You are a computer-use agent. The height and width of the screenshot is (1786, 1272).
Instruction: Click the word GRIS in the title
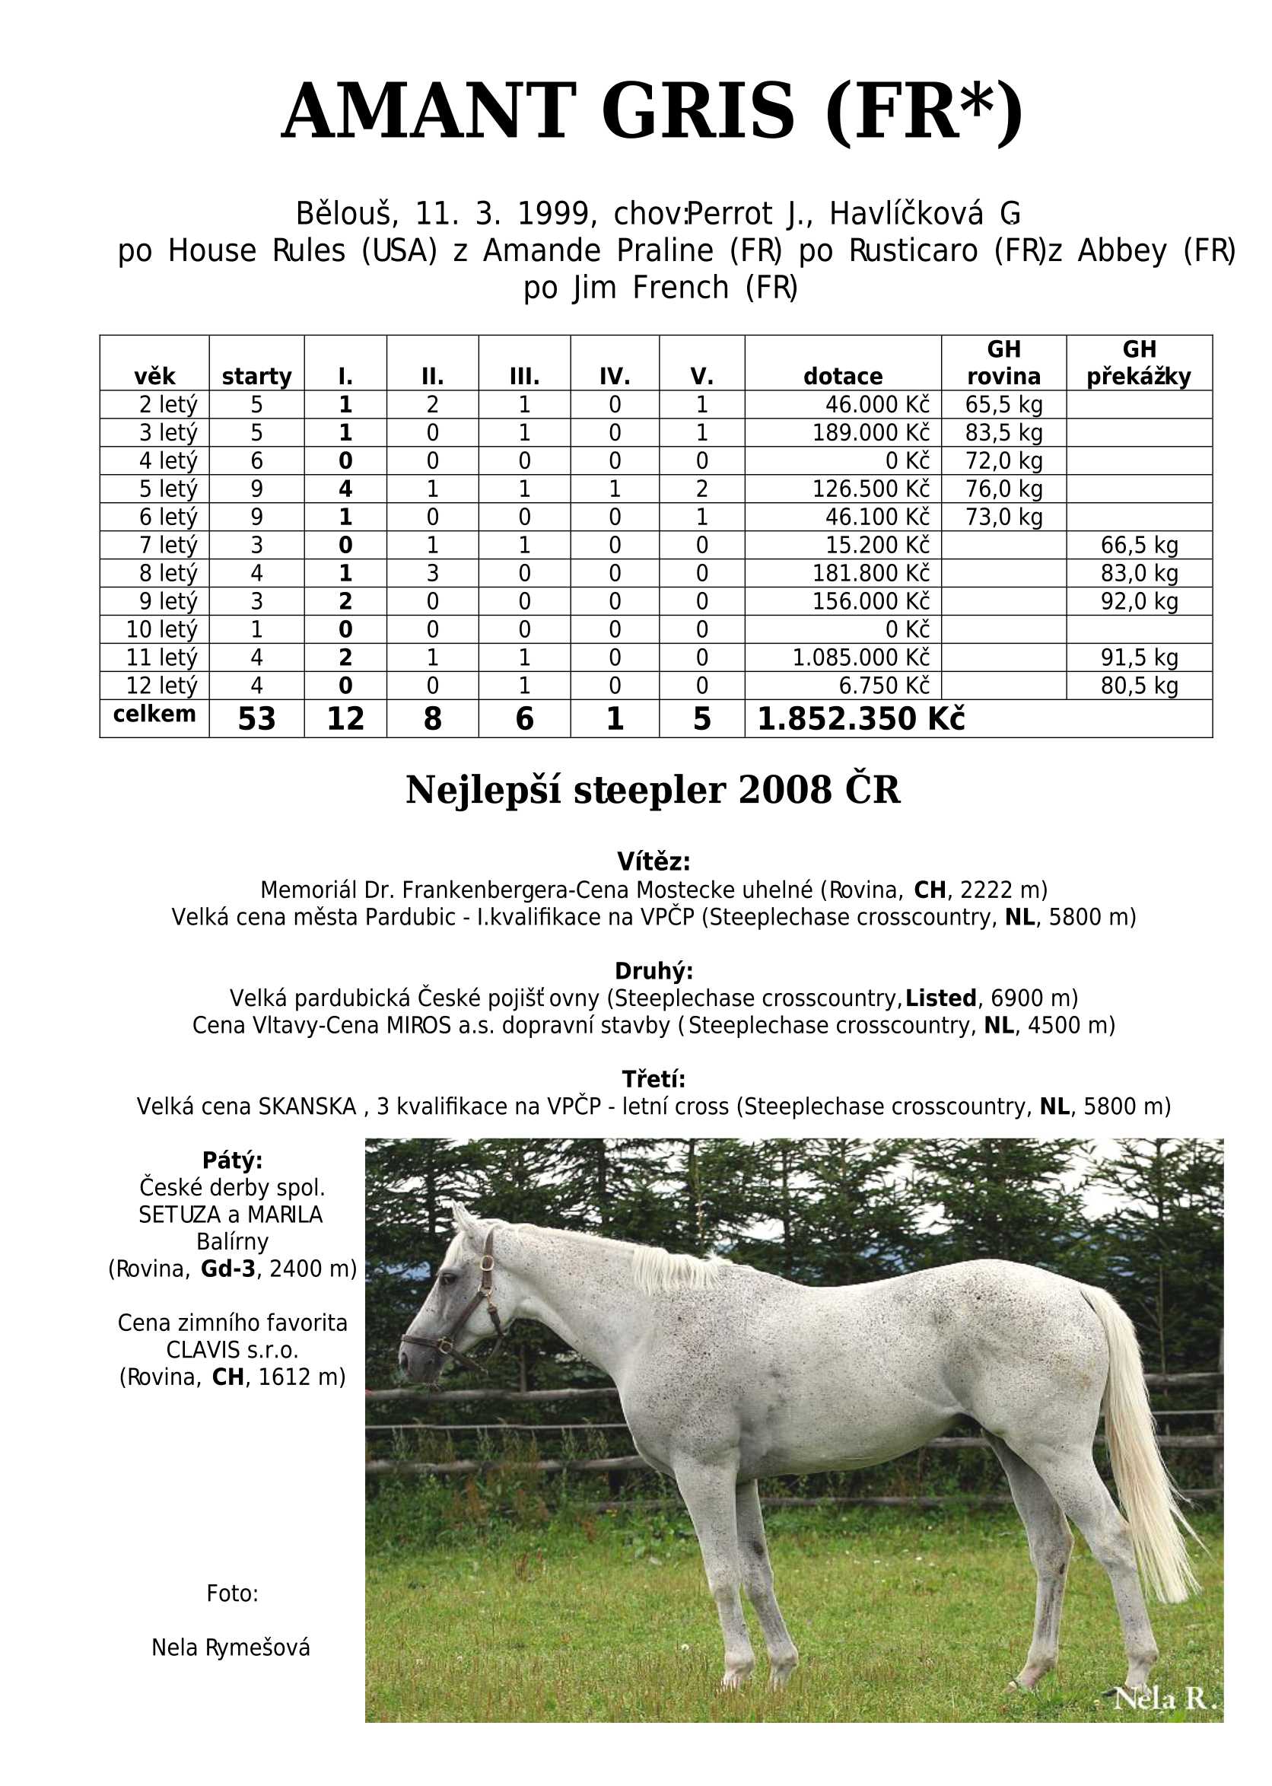698,111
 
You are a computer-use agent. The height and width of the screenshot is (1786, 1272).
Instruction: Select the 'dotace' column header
842,377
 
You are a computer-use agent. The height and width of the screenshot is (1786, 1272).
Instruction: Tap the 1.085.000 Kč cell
860,657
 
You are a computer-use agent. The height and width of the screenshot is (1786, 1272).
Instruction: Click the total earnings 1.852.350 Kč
860,718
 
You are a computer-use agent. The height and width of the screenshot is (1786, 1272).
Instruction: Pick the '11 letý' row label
161,657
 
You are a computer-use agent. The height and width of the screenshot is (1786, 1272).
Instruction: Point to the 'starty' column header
256,377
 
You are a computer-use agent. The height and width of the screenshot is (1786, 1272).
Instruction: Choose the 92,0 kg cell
1139,601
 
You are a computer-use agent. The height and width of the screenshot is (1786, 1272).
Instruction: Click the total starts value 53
256,718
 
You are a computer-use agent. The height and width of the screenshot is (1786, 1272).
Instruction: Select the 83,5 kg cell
1003,432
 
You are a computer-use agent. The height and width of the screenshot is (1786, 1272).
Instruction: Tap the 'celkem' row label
154,715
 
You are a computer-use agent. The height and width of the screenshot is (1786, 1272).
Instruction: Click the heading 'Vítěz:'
653,861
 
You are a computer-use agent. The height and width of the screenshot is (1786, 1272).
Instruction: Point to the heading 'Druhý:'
653,970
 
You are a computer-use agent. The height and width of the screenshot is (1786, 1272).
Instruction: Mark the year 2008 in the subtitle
784,791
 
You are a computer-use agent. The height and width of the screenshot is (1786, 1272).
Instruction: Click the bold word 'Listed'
940,998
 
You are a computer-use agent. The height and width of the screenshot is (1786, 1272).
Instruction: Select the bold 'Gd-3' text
228,1269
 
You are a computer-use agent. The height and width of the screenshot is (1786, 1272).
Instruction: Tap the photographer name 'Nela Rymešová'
231,1648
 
